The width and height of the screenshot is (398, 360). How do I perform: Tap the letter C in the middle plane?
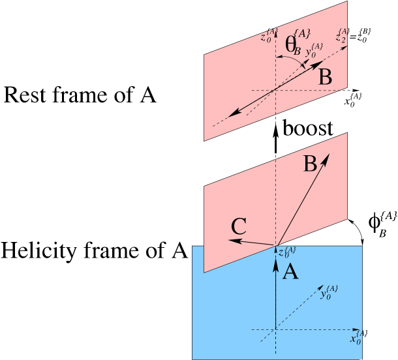pos(239,227)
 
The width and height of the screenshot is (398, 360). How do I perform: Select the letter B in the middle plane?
pos(311,164)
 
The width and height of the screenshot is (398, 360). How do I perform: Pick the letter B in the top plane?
pos(325,78)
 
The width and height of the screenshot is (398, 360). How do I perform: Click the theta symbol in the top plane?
pos(290,44)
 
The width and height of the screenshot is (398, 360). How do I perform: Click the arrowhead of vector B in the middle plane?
pos(327,157)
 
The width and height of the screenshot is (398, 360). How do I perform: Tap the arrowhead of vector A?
pos(276,254)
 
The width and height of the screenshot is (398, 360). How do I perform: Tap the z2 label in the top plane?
pos(341,36)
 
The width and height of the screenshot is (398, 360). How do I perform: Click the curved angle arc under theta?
pos(292,59)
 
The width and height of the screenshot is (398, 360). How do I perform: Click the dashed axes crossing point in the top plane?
pos(276,89)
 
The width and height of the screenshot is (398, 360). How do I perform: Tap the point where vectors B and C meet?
pos(276,246)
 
